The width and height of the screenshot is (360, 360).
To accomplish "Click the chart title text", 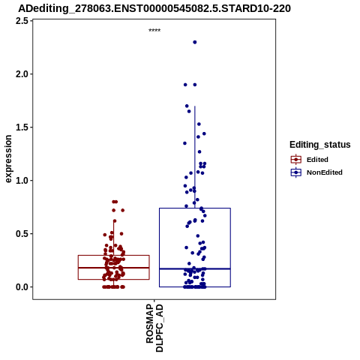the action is pyautogui.click(x=154, y=9).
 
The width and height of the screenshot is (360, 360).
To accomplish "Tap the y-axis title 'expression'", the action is pyautogui.click(x=8, y=159).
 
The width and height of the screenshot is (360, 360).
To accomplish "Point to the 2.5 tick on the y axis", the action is pyautogui.click(x=22, y=21).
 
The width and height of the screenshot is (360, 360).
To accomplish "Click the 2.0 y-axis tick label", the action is pyautogui.click(x=22, y=74).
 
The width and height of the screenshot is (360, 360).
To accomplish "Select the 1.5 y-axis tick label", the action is pyautogui.click(x=22, y=127).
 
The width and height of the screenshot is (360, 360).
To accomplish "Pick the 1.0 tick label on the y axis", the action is pyautogui.click(x=22, y=181).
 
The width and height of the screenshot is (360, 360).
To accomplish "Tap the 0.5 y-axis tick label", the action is pyautogui.click(x=22, y=234).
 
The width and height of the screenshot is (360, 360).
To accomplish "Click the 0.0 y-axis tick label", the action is pyautogui.click(x=22, y=287).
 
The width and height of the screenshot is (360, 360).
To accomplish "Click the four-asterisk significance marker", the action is pyautogui.click(x=154, y=30).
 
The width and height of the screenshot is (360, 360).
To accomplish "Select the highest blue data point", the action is pyautogui.click(x=195, y=42).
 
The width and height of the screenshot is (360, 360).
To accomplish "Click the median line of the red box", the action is pyautogui.click(x=114, y=268).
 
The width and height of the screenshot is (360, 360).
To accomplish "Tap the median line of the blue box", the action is pyautogui.click(x=195, y=268).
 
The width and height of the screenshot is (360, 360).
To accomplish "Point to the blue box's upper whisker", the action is pyautogui.click(x=195, y=157).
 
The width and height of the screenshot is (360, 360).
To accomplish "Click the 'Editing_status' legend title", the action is pyautogui.click(x=320, y=145).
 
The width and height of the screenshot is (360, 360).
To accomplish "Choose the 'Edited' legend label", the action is pyautogui.click(x=317, y=160).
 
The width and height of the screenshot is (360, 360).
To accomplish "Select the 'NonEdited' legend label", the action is pyautogui.click(x=325, y=172).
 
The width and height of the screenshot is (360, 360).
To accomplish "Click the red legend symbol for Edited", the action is pyautogui.click(x=296, y=160).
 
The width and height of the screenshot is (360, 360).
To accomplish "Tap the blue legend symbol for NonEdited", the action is pyautogui.click(x=296, y=172).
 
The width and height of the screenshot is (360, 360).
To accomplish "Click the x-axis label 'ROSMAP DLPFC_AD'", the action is pyautogui.click(x=154, y=328).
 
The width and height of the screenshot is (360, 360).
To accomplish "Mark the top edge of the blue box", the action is pyautogui.click(x=195, y=208).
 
